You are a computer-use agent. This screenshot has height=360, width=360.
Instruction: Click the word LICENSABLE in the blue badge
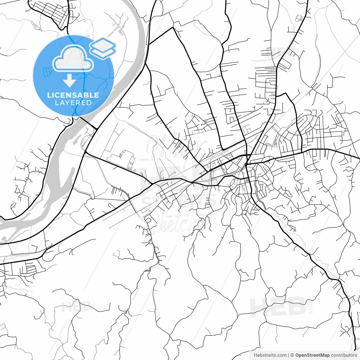pyautogui.click(x=73, y=95)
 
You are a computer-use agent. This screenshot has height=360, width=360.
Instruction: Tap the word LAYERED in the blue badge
pyautogui.click(x=73, y=103)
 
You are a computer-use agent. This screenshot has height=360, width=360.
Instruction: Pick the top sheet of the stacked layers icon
pyautogui.click(x=103, y=44)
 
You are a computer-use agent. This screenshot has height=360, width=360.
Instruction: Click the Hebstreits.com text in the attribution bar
pyautogui.click(x=270, y=355)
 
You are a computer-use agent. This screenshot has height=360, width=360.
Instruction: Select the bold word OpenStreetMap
pyautogui.click(x=312, y=355)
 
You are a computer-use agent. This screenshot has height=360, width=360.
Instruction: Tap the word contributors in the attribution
pyautogui.click(x=344, y=355)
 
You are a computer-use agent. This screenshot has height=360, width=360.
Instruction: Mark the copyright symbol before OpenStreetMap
pyautogui.click(x=292, y=355)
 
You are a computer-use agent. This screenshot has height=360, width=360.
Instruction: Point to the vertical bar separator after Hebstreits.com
pyautogui.click(x=289, y=355)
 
